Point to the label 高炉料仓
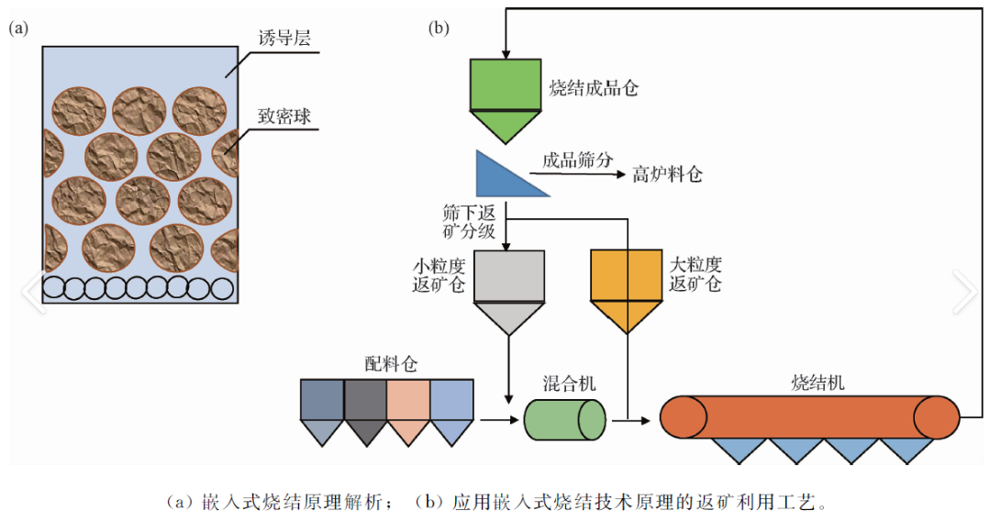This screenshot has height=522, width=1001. [x=667, y=174]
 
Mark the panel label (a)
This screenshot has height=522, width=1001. [x=18, y=28]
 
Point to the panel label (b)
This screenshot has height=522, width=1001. [x=439, y=28]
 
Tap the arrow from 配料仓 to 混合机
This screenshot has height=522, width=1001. [x=499, y=421]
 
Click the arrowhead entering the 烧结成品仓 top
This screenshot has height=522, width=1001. [x=505, y=54]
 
